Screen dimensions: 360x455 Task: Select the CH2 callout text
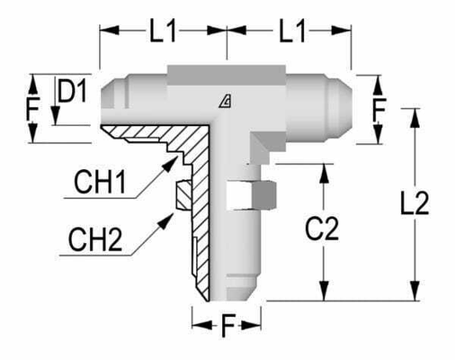pos(101,240)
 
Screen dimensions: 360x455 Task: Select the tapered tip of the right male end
pos(342,93)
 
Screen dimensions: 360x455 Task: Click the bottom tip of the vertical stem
pos(227,294)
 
